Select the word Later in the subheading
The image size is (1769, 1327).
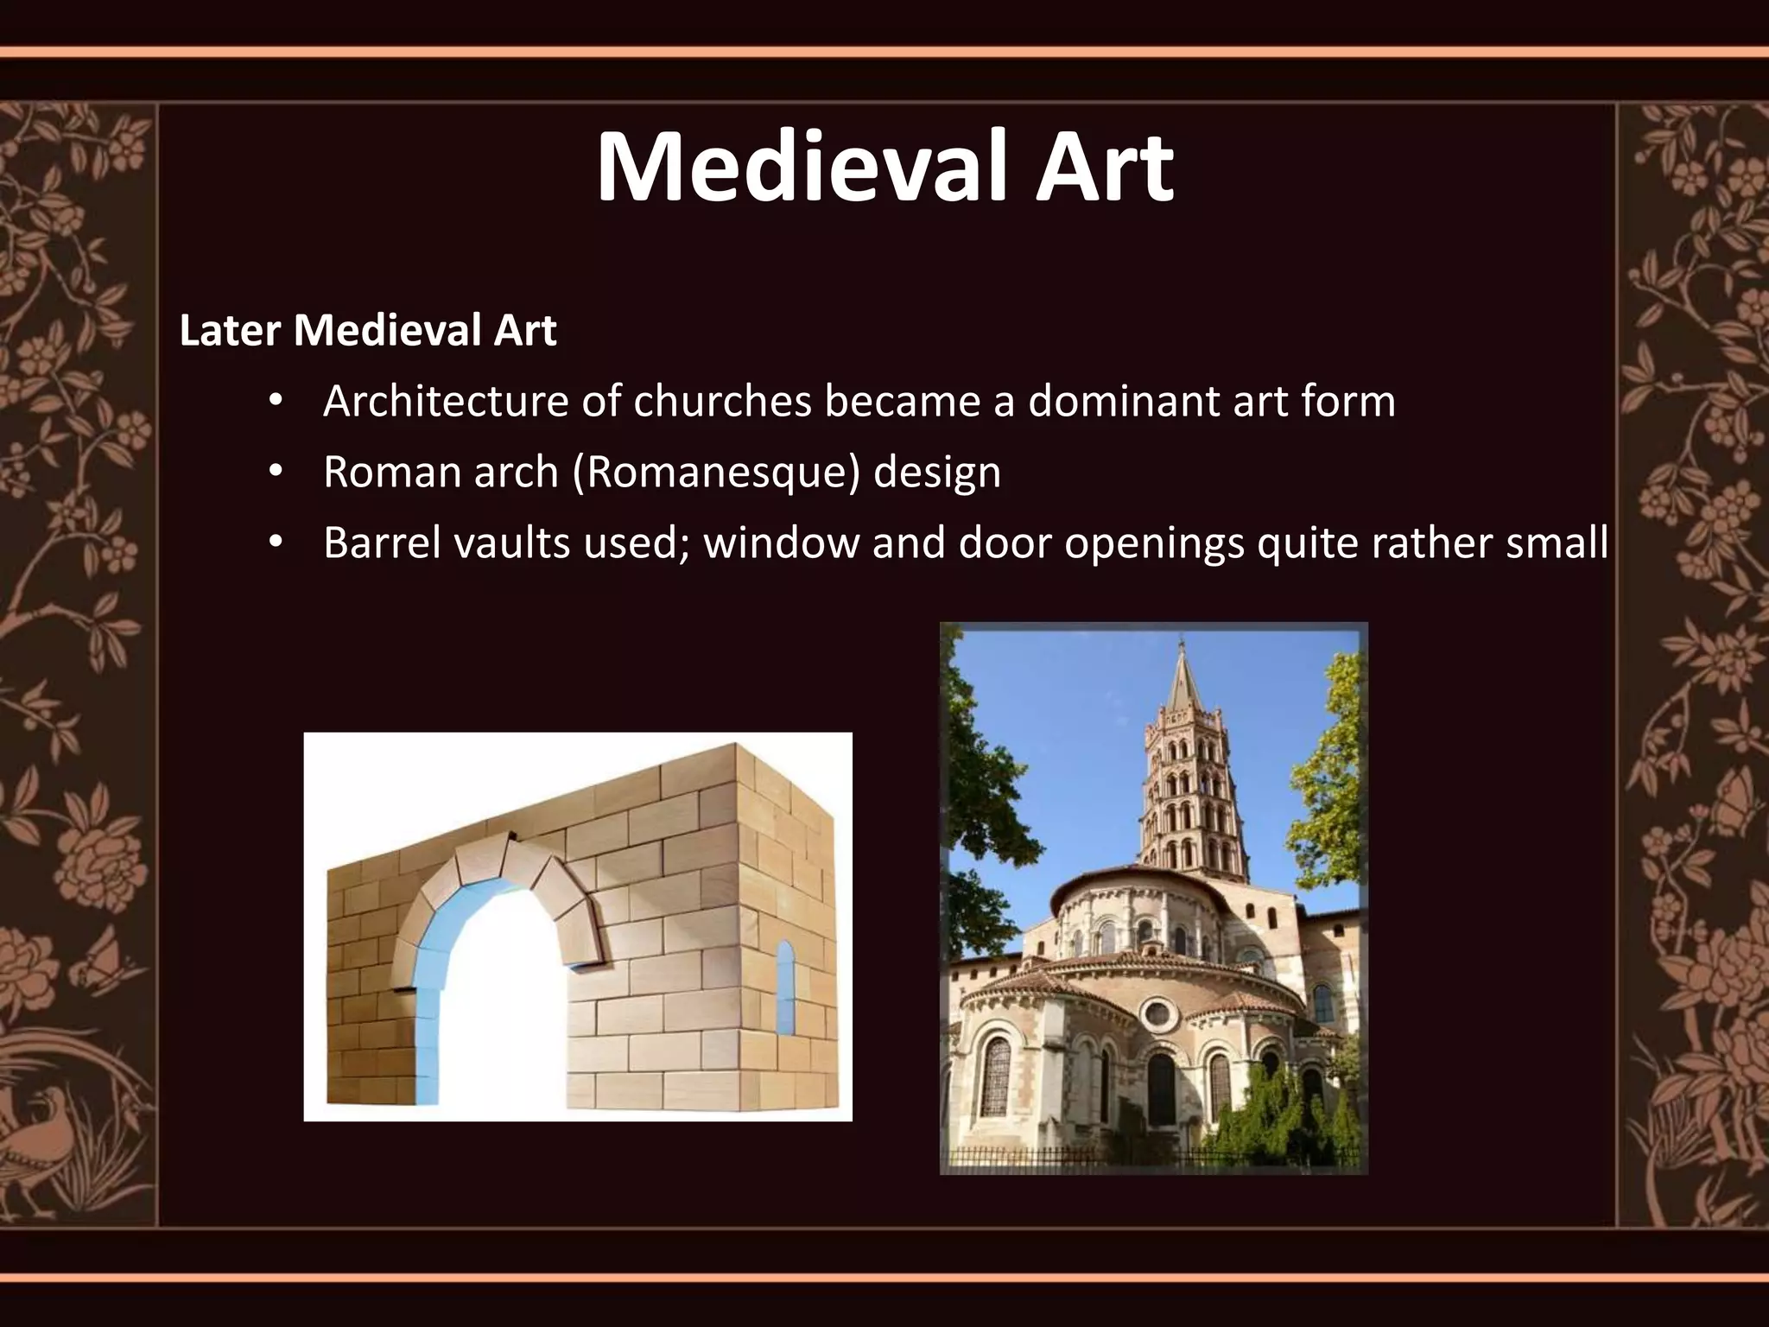[x=230, y=330]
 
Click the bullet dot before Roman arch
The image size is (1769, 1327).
[x=276, y=472]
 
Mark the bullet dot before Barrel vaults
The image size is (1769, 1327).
[x=276, y=543]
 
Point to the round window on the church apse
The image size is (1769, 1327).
[x=1157, y=1013]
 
